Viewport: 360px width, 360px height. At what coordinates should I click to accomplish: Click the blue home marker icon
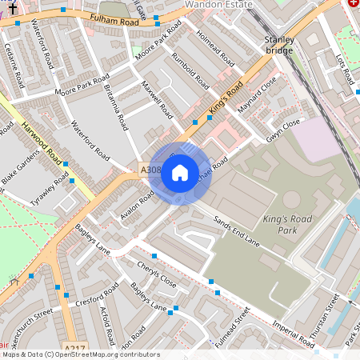(180, 173)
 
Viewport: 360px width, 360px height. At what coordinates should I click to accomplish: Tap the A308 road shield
(151, 170)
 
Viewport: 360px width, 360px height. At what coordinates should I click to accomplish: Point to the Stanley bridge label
(280, 44)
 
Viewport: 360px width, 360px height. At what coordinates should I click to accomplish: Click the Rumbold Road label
(190, 72)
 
